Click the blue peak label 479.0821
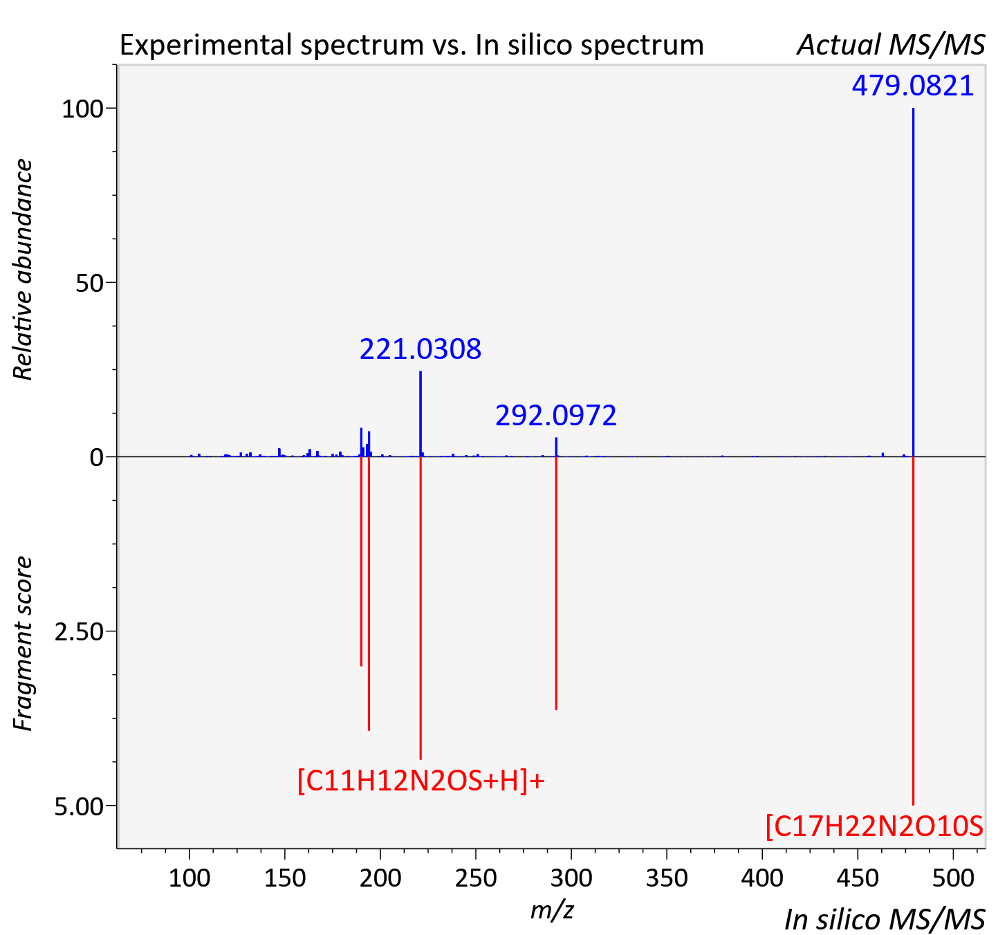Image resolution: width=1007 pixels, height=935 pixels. pos(913,86)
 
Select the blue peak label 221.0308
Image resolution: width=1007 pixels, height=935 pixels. pos(421,349)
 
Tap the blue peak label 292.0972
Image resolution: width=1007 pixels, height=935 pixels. pos(556,415)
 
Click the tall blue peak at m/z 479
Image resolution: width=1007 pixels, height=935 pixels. pos(913,282)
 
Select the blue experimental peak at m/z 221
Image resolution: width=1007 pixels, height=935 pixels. pos(421,414)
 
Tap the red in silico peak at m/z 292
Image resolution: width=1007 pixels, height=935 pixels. pos(556,583)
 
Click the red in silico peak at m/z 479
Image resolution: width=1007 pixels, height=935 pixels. pos(913,631)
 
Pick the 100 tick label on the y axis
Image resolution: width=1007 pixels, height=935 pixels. pos(82,109)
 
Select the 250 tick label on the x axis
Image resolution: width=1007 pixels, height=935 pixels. pos(476,878)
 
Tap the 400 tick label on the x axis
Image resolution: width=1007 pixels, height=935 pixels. pos(762,878)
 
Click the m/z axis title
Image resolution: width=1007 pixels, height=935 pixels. pos(552,909)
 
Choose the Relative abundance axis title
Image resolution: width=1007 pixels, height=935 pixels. pos(22,269)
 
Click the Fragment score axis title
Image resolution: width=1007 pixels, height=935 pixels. pos(22,643)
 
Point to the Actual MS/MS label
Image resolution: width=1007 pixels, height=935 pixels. pos(891,45)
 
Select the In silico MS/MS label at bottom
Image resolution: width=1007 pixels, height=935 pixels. pos(885,920)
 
